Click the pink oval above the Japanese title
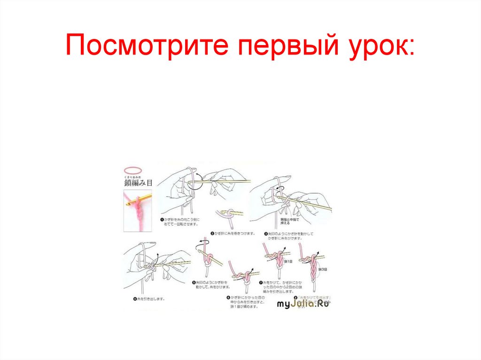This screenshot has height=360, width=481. [x=134, y=170]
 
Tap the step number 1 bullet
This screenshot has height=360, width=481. [x=161, y=220]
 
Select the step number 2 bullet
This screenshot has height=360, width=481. [x=213, y=233]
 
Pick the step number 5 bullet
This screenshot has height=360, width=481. [x=193, y=282]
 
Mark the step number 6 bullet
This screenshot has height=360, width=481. [x=228, y=298]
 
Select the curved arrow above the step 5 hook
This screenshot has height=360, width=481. [x=202, y=244]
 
